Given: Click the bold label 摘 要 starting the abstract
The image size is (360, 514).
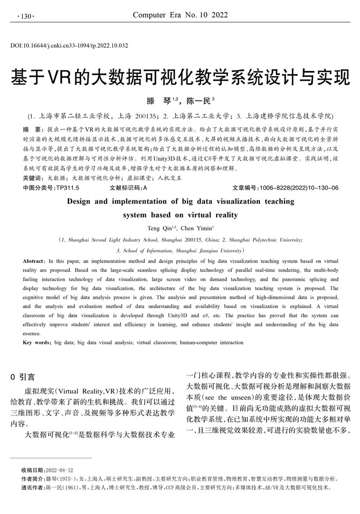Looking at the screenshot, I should coord(34,128).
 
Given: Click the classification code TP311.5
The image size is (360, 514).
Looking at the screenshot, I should coord(67,188).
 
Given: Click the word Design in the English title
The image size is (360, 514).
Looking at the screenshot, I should coord(85,201).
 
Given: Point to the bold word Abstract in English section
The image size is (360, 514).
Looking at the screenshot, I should coord(36,261).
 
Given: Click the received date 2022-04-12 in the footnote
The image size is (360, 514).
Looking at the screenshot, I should coord(60,470).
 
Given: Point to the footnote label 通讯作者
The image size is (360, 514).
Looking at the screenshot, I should coord(33,487).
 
